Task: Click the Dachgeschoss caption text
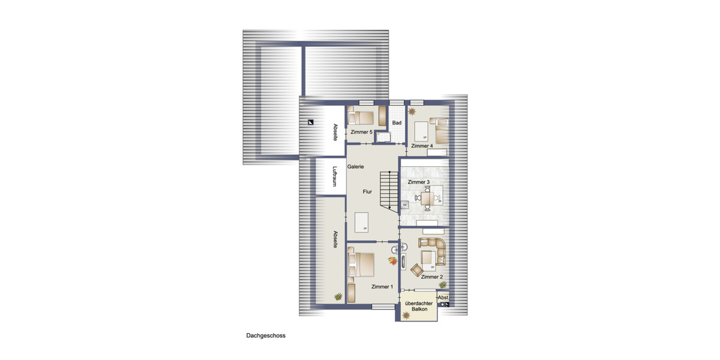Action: pos(265,336)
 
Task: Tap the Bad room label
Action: pos(397,123)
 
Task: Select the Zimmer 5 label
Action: pos(362,131)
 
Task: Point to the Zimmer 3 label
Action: pos(418,182)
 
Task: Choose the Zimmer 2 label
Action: pos(431,277)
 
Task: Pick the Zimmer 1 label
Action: pos(382,286)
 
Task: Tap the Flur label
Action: pos(367,192)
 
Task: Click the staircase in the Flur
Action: pos(389,191)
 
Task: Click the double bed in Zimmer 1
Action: pos(362,265)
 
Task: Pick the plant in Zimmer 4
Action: pos(412,111)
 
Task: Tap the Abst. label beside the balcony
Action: pos(443,298)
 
